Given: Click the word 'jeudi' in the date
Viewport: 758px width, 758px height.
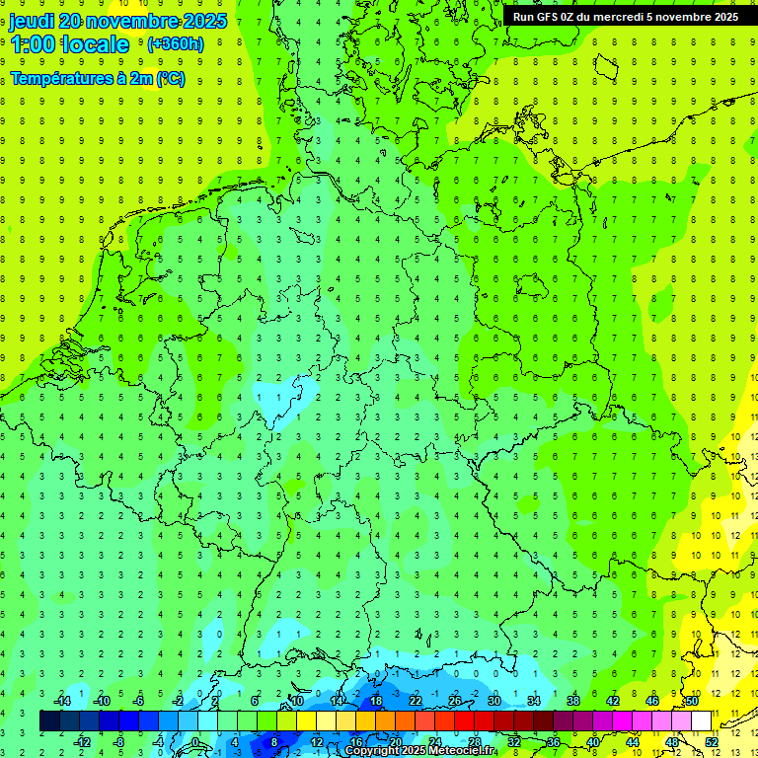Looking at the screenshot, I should [32, 21].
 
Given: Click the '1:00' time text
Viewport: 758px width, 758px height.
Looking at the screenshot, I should [32, 44].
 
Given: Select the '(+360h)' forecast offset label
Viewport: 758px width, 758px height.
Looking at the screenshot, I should [175, 44].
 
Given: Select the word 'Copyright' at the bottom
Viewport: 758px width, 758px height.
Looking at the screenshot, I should [374, 751].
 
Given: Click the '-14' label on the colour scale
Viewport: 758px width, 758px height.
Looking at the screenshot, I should [62, 701].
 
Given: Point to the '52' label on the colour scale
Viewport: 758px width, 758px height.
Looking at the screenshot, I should [712, 741].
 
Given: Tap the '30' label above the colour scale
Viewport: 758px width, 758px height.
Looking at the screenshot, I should [493, 701].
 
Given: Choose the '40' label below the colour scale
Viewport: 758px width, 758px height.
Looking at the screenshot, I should [592, 741].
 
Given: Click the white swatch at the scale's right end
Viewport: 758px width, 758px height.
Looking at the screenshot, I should [701, 720].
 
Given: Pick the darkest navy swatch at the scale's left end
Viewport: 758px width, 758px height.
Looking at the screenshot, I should [49, 720].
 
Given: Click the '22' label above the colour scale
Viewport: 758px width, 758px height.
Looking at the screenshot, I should [415, 701].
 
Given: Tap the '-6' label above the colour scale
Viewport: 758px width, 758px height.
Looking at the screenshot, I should [139, 701].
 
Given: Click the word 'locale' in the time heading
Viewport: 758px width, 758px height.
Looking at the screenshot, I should [95, 44].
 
